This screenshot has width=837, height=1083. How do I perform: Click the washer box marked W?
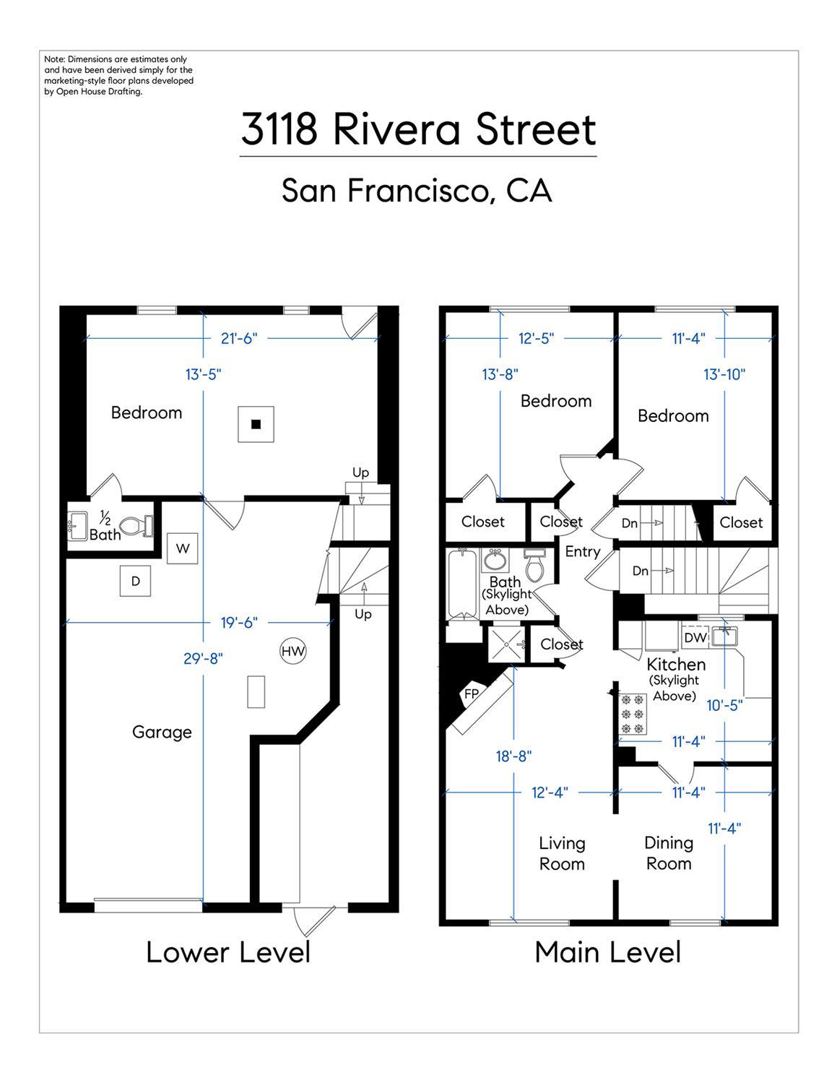click(x=182, y=548)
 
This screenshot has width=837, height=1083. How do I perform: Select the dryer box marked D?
click(x=135, y=581)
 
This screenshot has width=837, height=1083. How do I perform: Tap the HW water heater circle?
click(x=292, y=651)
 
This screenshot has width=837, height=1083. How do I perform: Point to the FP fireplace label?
click(x=472, y=694)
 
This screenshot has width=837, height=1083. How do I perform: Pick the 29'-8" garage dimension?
click(x=203, y=659)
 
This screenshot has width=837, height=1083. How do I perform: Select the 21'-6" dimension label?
click(x=239, y=338)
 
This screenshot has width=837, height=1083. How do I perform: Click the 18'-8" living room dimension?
click(x=513, y=756)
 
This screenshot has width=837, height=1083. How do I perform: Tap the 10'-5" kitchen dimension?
click(x=725, y=705)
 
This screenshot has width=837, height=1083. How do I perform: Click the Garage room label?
click(x=162, y=732)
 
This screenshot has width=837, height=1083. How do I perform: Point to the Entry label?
click(x=583, y=552)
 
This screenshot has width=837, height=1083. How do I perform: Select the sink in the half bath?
click(x=77, y=526)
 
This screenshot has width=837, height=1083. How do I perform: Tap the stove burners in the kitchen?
click(x=633, y=715)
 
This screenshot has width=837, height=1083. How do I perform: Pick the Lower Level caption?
click(x=229, y=952)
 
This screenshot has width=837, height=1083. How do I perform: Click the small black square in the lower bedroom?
click(x=256, y=425)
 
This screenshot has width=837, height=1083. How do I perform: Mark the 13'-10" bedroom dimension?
click(x=724, y=374)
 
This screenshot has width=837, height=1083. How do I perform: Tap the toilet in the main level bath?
click(x=534, y=565)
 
